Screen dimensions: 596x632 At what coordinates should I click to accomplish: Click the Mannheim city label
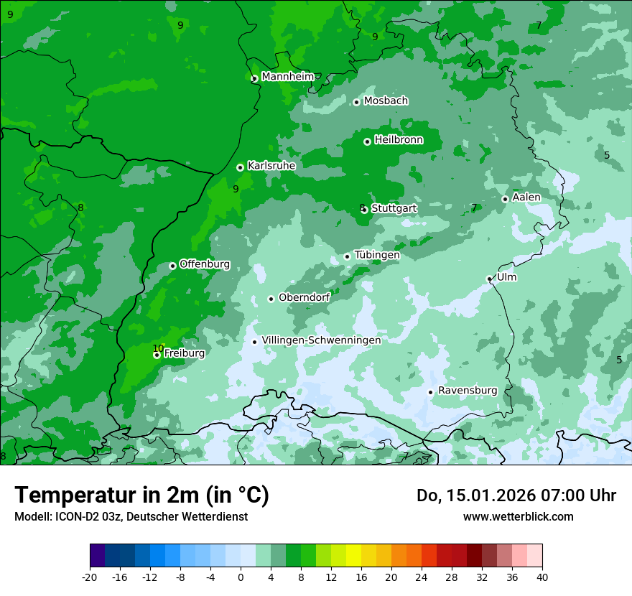pos(287,77)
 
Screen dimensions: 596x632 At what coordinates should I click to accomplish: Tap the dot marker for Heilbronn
pos(367,141)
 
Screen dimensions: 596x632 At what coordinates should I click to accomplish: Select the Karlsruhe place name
pos(271,166)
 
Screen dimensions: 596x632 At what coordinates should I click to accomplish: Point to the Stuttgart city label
pos(394,208)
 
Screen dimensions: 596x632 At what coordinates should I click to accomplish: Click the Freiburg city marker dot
pos(157,355)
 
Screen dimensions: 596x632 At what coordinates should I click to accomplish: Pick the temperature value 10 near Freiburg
pos(158,348)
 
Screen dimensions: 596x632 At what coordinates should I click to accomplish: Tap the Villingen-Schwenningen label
pos(321,340)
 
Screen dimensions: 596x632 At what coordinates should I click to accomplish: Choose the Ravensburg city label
pos(467,391)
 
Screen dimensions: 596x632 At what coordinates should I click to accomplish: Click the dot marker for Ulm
pos(490,279)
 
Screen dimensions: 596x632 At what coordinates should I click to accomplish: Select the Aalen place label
pos(526,197)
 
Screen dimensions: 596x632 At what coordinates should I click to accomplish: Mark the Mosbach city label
pos(386,101)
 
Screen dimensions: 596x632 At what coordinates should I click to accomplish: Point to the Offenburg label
pos(204,264)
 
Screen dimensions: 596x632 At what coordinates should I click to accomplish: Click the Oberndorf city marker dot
pos(271,299)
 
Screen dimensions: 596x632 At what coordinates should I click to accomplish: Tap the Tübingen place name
pos(376,255)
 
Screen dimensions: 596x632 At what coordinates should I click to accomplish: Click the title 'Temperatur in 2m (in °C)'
pos(141,495)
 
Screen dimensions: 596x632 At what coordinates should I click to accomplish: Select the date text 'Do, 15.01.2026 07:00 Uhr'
pos(516,495)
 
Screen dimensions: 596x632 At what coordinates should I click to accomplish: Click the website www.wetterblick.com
pos(518,516)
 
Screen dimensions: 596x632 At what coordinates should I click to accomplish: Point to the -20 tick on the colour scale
pos(90,577)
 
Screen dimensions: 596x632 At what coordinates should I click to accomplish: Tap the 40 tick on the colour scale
pos(542,577)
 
